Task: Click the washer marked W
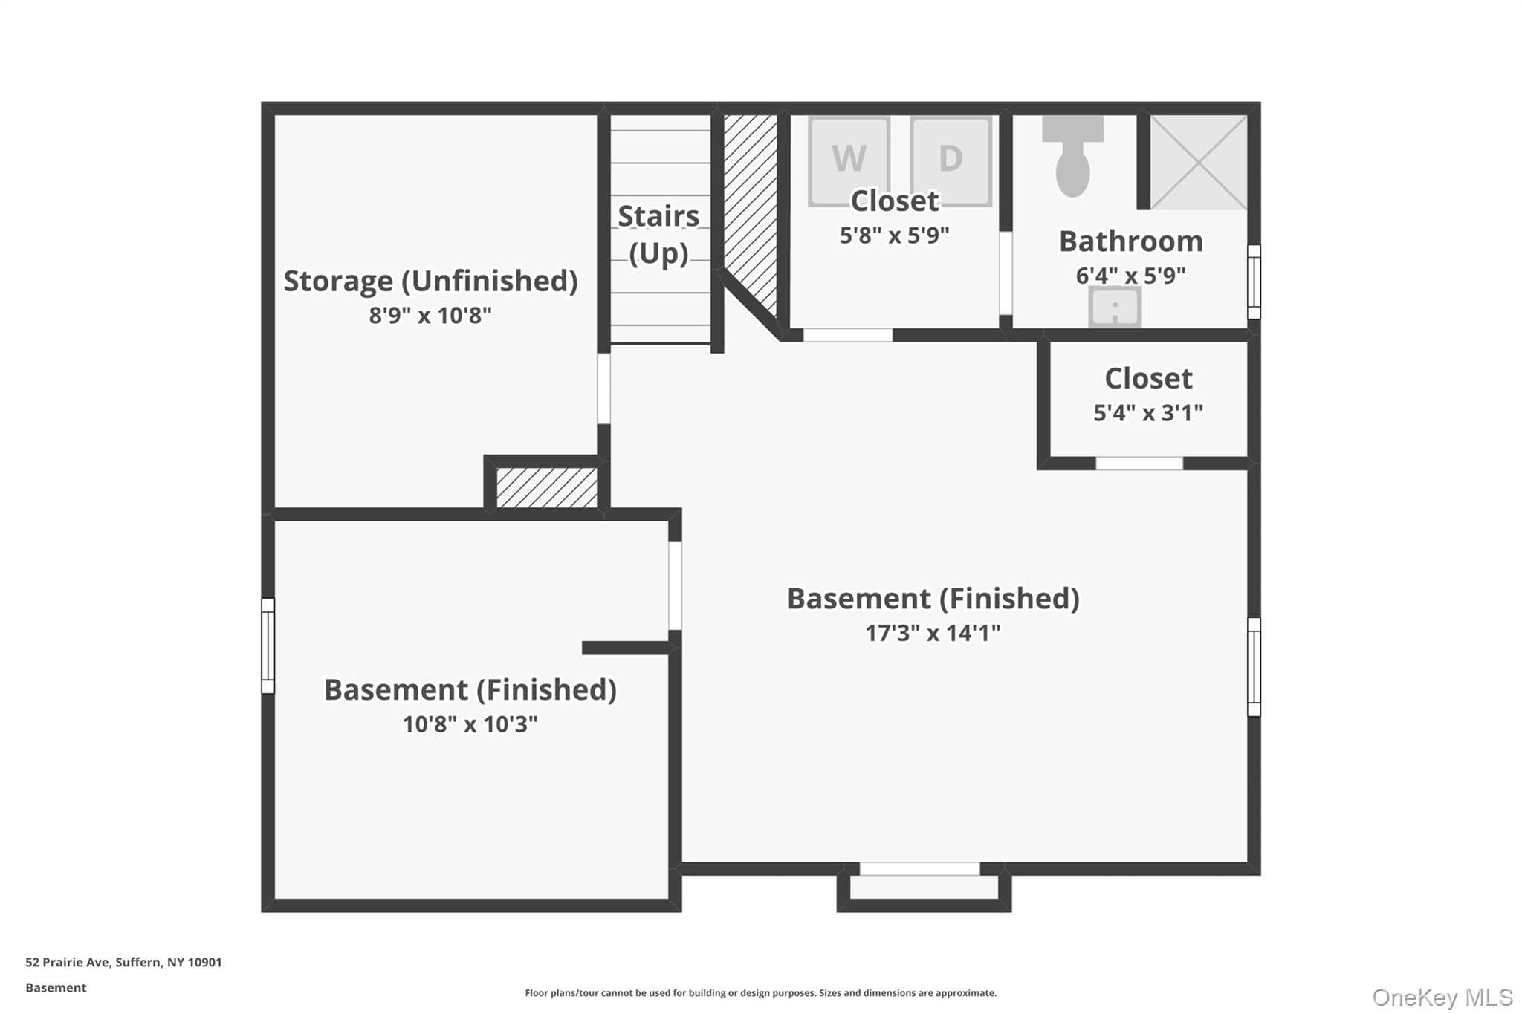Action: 849,160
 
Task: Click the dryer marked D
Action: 951,160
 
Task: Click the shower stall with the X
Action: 1199,162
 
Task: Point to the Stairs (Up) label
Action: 659,235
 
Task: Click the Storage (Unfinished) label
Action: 431,281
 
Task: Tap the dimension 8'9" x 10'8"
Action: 431,316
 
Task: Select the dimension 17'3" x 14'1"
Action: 933,633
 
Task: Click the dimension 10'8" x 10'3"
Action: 470,724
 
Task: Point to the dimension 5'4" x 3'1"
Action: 1148,413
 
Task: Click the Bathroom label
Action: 1131,241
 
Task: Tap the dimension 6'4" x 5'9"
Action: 1131,276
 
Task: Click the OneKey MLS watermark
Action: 1442,997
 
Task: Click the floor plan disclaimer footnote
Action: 761,993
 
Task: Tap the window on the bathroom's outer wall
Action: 1254,282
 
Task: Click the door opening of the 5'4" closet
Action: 1139,464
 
